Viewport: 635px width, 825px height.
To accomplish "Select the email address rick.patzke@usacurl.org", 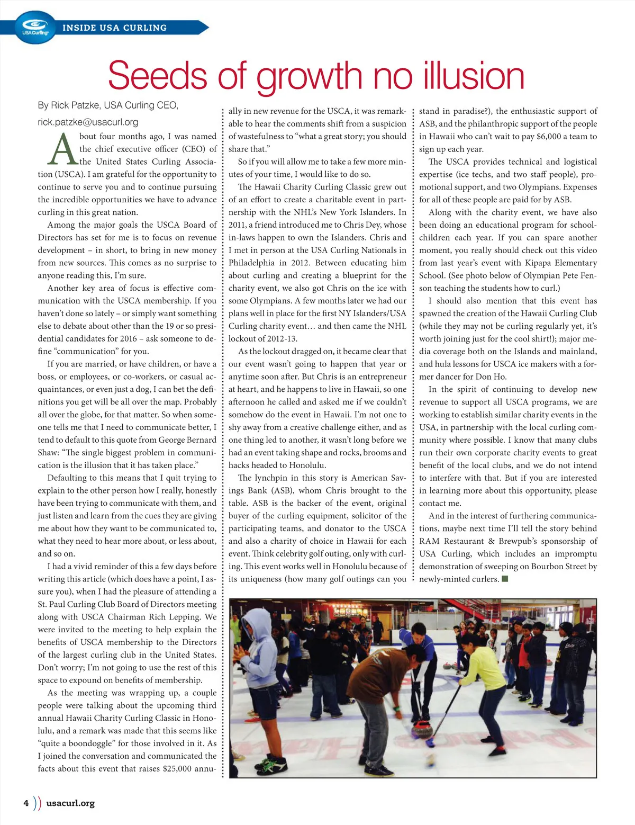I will click(x=88, y=122).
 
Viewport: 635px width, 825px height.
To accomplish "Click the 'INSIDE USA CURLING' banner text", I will click(x=114, y=28).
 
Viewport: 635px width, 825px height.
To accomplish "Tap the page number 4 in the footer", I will click(x=26, y=803).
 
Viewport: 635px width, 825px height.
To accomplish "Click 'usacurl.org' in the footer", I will click(x=70, y=803).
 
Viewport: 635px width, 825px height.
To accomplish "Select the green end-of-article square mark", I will click(x=505, y=579).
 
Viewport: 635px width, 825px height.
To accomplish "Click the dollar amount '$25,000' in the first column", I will click(x=177, y=768).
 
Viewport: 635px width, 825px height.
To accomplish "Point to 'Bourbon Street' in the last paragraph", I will click(x=556, y=567).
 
